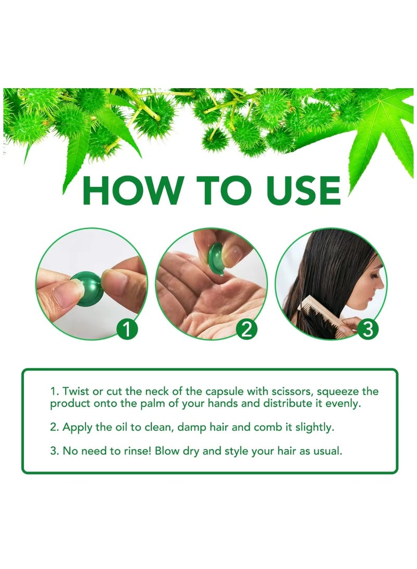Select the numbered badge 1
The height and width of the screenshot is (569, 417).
127,330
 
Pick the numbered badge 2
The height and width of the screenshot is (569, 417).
247,330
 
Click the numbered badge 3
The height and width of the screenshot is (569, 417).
367,330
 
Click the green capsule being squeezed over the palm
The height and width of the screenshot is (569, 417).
217,258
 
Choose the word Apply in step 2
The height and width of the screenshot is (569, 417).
77,428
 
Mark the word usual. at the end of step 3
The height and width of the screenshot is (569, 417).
326,451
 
